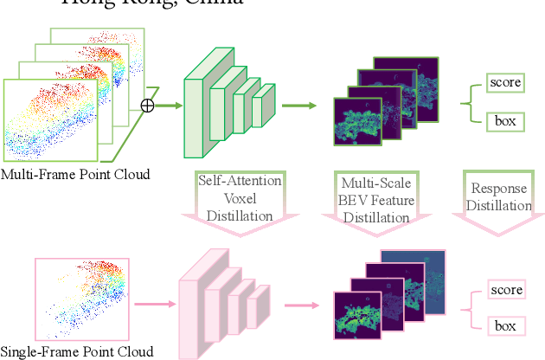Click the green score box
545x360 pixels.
pyautogui.click(x=505, y=83)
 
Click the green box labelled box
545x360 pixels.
pyautogui.click(x=505, y=120)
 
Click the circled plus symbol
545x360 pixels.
pyautogui.click(x=147, y=106)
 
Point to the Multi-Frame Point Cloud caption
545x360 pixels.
pyautogui.click(x=75, y=175)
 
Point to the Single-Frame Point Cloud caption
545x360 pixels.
pyautogui.click(x=77, y=351)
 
